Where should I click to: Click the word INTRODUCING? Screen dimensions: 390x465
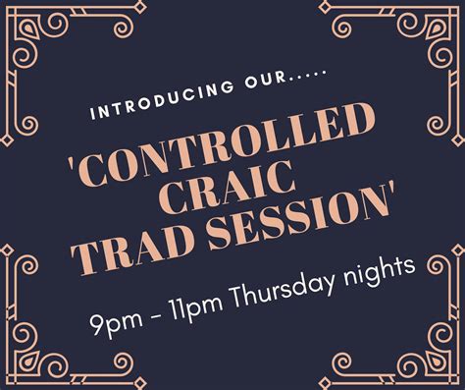(144, 99)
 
